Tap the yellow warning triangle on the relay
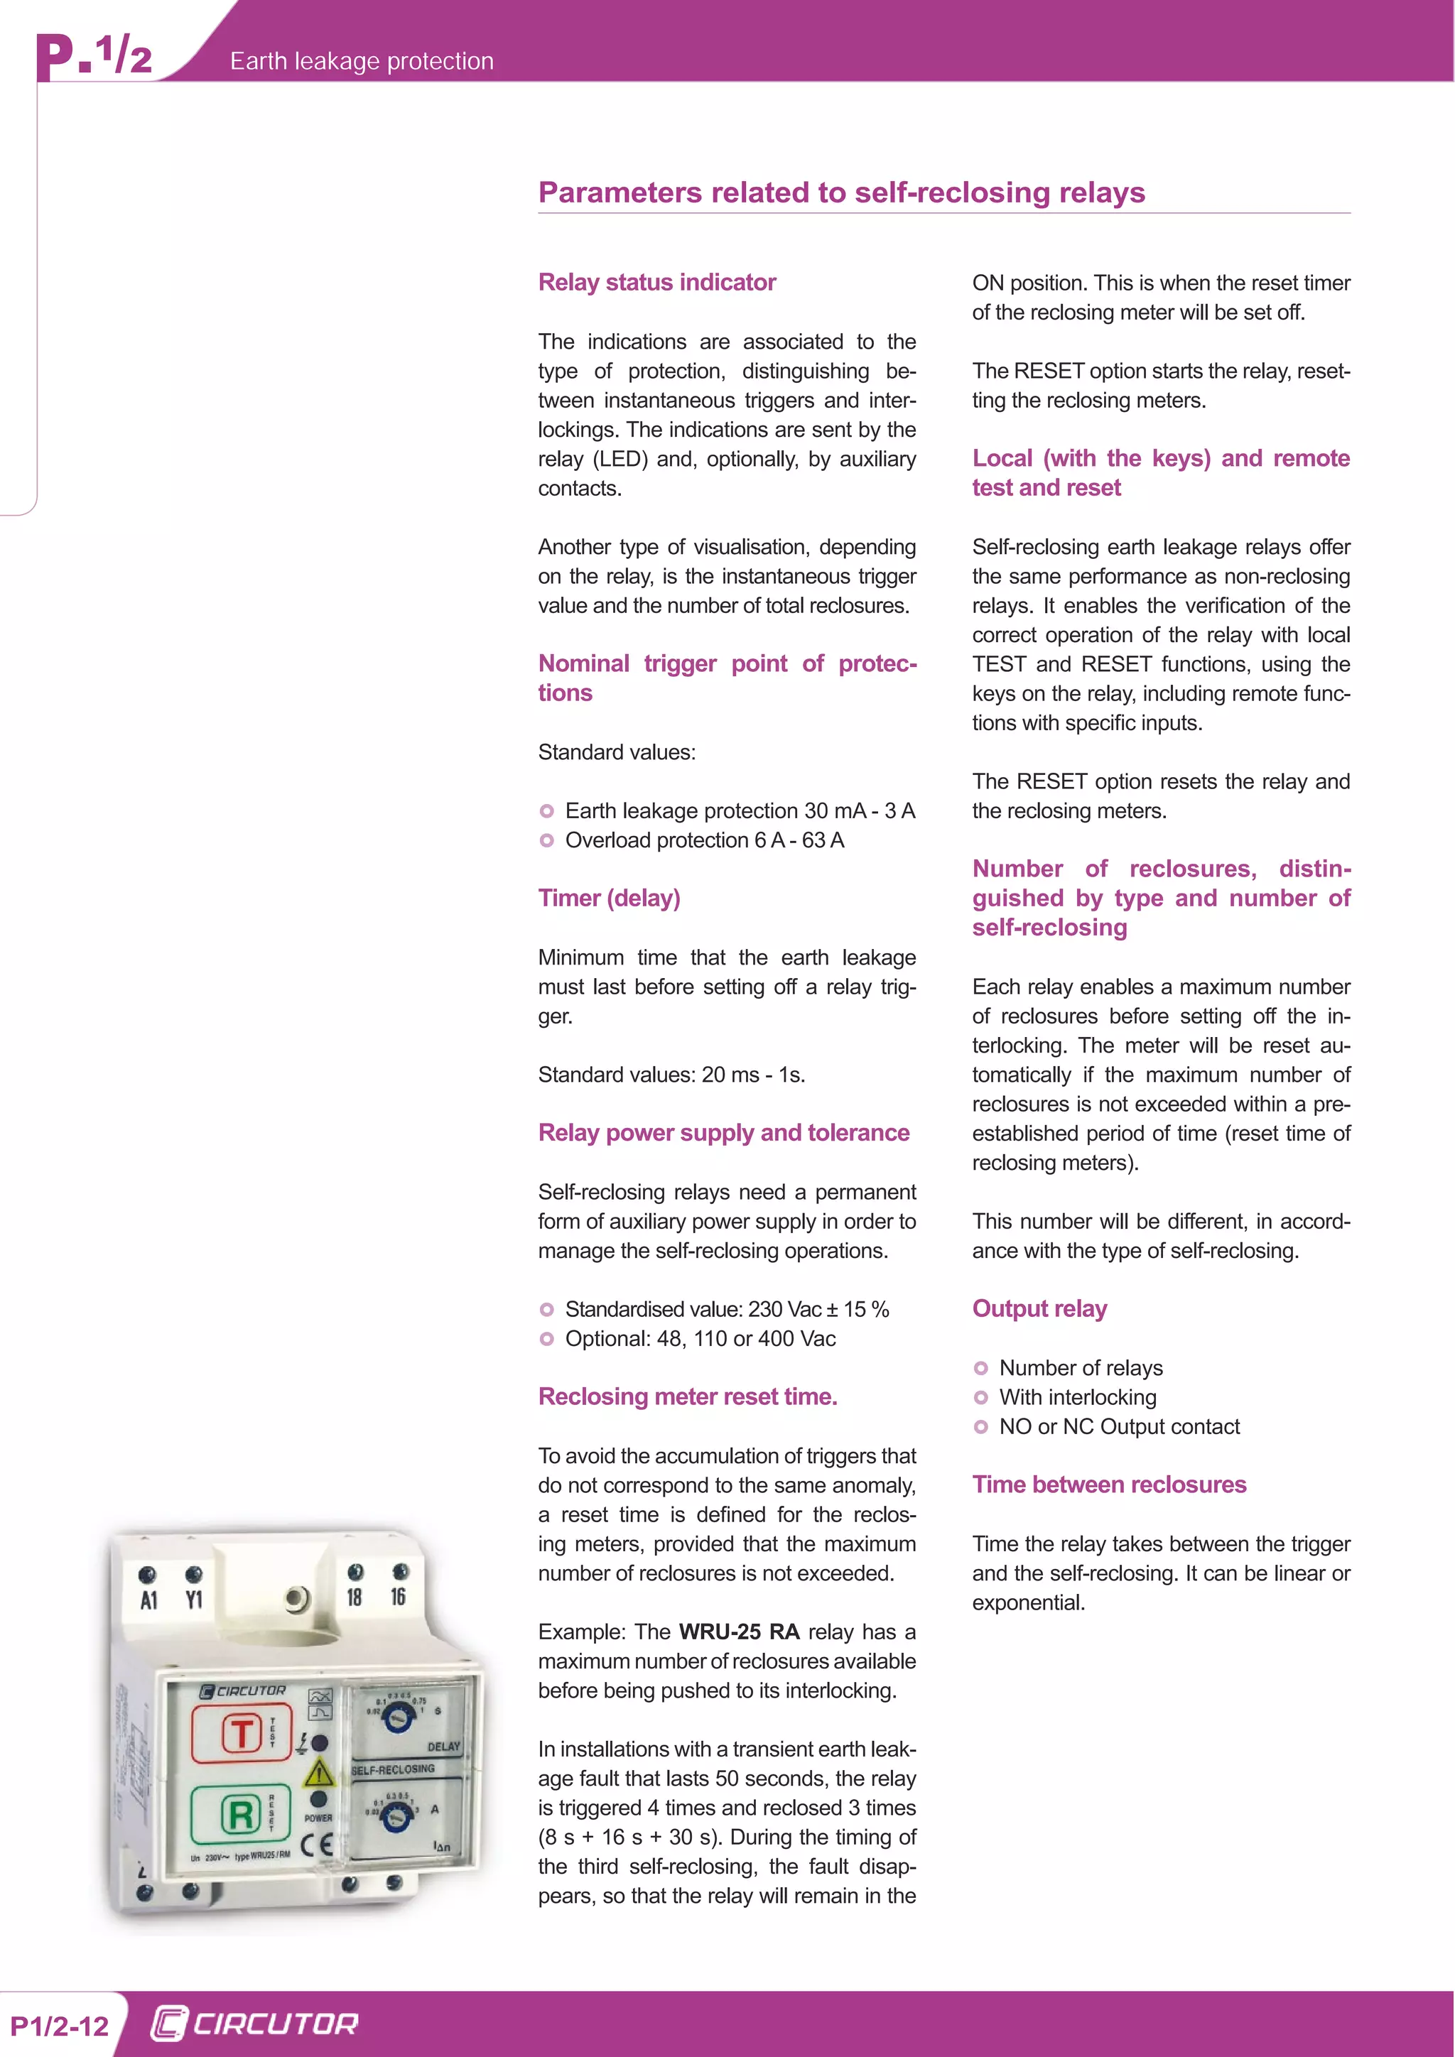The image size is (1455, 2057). coord(319,1773)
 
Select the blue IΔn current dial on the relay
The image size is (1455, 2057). coord(396,1817)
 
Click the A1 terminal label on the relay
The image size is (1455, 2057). coord(148,1601)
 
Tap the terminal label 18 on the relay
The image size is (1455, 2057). coord(355,1597)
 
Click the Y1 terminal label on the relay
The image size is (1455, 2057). coord(193,1600)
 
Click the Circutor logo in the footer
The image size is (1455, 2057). coord(254,2024)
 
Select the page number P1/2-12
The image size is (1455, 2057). coord(59,2026)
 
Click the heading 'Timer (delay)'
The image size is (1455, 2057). coord(610,899)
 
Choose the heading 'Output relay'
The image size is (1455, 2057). coord(1039,1309)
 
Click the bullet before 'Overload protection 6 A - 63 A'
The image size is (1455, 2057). coord(546,840)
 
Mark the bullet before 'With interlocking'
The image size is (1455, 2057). coord(981,1398)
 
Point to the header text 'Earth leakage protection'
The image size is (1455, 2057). coord(362,61)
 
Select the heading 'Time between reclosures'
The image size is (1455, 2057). coord(1109,1485)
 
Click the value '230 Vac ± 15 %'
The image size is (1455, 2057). coord(818,1309)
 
